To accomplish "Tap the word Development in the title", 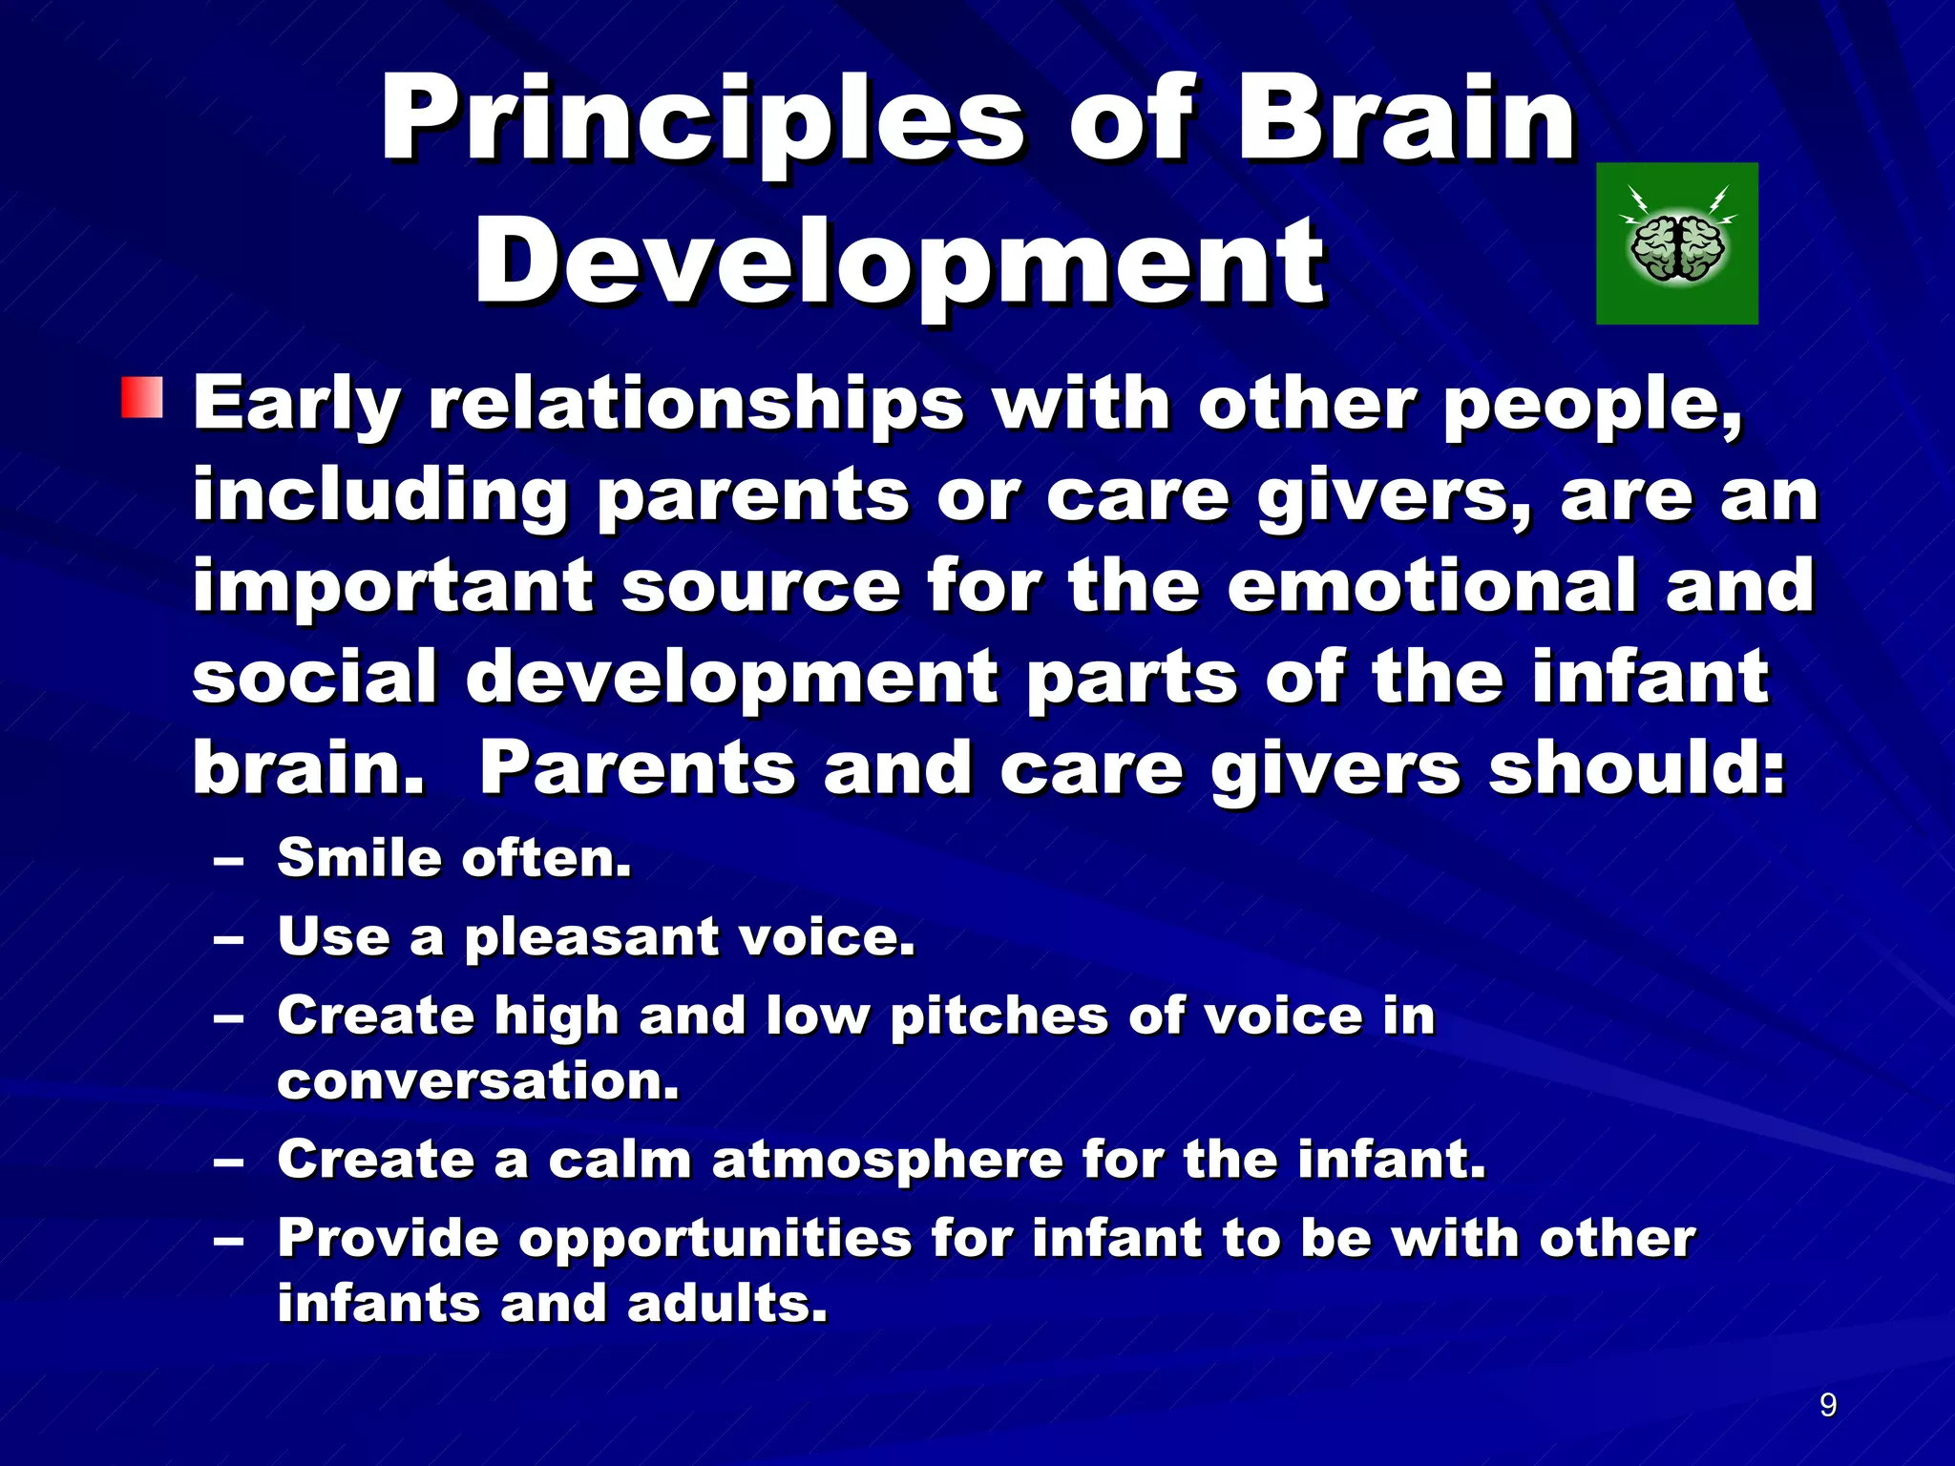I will point(899,262).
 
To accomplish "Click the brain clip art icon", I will point(1677,244).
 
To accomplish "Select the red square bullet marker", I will point(142,398).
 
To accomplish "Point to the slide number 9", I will point(1827,1405).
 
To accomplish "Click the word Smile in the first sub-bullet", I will point(357,857).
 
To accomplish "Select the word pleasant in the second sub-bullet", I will point(591,936).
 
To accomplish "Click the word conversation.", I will point(477,1081).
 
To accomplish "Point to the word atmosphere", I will point(887,1160).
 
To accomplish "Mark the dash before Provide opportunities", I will point(229,1242).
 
